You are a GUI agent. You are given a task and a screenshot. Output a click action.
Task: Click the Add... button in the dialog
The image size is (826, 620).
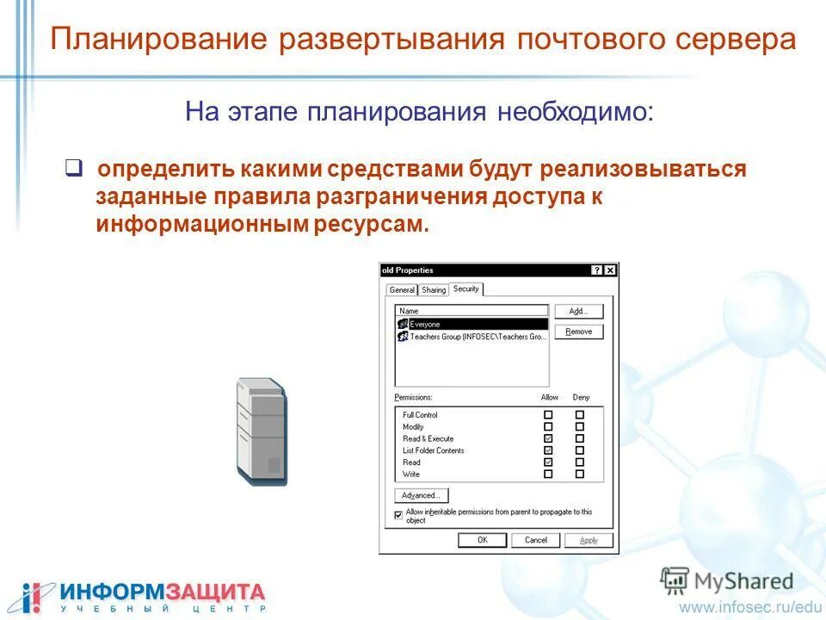point(578,312)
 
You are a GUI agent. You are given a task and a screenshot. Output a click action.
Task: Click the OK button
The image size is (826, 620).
point(482,540)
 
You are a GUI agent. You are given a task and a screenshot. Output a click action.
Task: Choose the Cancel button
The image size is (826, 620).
point(535,540)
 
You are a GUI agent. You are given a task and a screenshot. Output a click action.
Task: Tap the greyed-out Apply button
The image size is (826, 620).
point(589,540)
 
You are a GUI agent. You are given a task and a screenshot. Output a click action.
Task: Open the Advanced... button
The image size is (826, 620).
point(421,496)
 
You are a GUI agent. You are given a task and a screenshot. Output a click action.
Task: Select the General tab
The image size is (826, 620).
point(402,290)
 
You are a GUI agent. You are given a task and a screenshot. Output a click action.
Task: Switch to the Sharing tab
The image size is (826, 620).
point(434,290)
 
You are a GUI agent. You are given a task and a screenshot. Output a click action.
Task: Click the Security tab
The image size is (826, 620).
point(465,289)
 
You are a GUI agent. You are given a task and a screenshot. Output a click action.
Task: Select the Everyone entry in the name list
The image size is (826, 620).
point(424,325)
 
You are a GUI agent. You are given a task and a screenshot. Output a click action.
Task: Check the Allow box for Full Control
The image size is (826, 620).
point(548,415)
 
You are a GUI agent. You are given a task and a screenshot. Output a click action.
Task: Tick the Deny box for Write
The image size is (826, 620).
point(579,474)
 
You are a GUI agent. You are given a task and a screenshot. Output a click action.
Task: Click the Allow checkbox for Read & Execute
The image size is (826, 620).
point(548,438)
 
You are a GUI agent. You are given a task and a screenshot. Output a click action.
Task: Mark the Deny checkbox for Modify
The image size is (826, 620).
point(579,426)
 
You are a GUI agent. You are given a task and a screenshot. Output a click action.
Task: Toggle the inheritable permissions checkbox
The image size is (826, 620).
point(398,515)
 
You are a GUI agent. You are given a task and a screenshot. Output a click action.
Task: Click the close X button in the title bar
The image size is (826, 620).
point(610,270)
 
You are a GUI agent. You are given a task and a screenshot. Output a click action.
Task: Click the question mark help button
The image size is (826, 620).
point(597,270)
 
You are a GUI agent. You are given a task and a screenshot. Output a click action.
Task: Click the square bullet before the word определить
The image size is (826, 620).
point(74,167)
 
